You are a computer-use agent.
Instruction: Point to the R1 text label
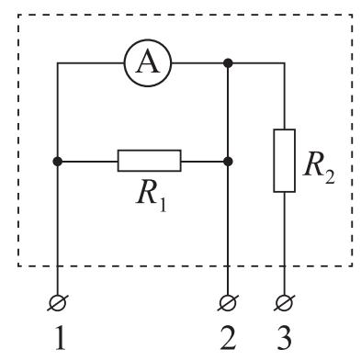point(152,197)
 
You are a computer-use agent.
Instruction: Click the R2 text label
point(319,167)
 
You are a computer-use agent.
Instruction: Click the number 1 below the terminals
point(60,339)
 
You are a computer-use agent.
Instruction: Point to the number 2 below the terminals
point(228,339)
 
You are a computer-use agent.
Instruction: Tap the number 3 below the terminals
point(285,339)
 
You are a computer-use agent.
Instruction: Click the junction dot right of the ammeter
point(228,63)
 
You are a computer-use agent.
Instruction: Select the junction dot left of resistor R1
point(58,161)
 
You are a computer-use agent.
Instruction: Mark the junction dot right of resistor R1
point(228,161)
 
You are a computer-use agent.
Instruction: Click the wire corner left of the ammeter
point(58,63)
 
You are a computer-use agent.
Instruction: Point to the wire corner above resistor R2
point(285,63)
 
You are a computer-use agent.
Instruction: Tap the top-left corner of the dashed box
point(18,15)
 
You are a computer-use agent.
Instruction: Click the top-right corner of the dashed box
point(352,15)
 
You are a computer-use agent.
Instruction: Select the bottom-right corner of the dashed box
point(352,265)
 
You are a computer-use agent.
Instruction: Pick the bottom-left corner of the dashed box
point(18,265)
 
